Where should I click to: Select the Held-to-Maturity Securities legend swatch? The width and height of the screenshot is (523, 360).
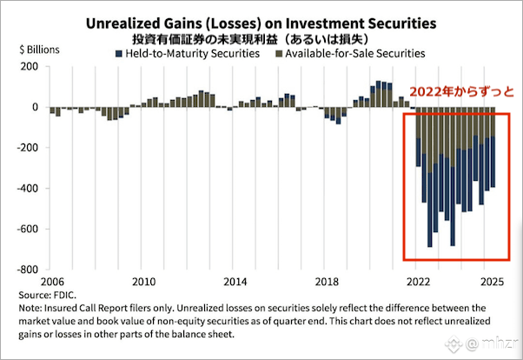click(x=119, y=54)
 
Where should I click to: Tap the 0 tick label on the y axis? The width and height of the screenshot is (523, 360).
click(x=36, y=108)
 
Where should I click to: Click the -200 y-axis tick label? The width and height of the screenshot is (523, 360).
click(x=29, y=149)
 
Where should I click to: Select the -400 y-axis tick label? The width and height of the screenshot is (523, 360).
click(x=29, y=189)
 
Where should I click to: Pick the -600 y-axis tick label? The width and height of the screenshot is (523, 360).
click(x=29, y=230)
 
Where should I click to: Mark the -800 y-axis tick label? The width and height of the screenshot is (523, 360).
click(x=29, y=270)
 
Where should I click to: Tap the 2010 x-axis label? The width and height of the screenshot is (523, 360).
click(x=144, y=283)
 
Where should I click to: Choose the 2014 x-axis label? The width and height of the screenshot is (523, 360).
click(x=235, y=283)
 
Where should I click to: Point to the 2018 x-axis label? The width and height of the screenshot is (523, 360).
click(x=326, y=283)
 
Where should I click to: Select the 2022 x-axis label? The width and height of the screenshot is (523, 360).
click(x=417, y=283)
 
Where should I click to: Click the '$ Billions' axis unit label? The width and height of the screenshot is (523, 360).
click(x=39, y=49)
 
